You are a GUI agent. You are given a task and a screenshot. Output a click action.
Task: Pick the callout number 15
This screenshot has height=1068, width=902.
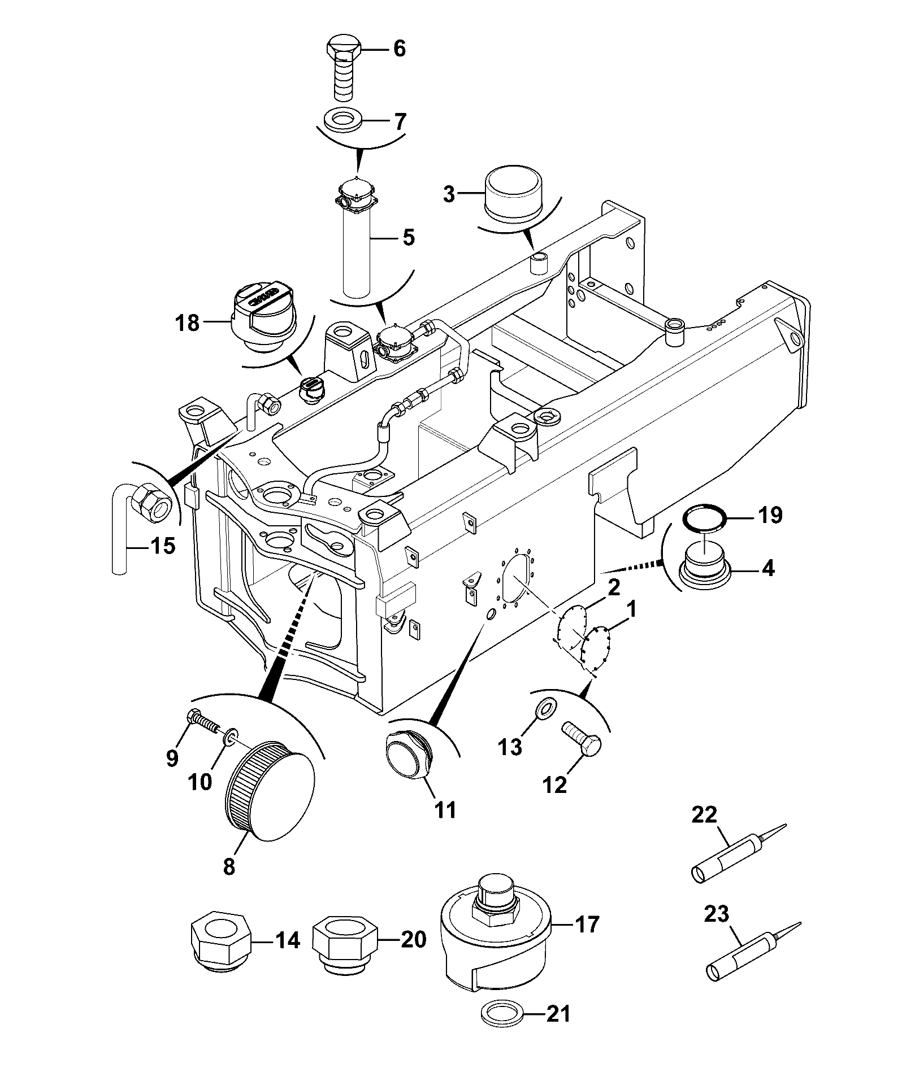tap(163, 546)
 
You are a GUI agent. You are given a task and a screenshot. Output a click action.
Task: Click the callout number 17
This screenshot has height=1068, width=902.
tap(587, 925)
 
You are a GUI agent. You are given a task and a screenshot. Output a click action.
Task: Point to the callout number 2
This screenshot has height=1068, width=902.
tap(614, 587)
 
